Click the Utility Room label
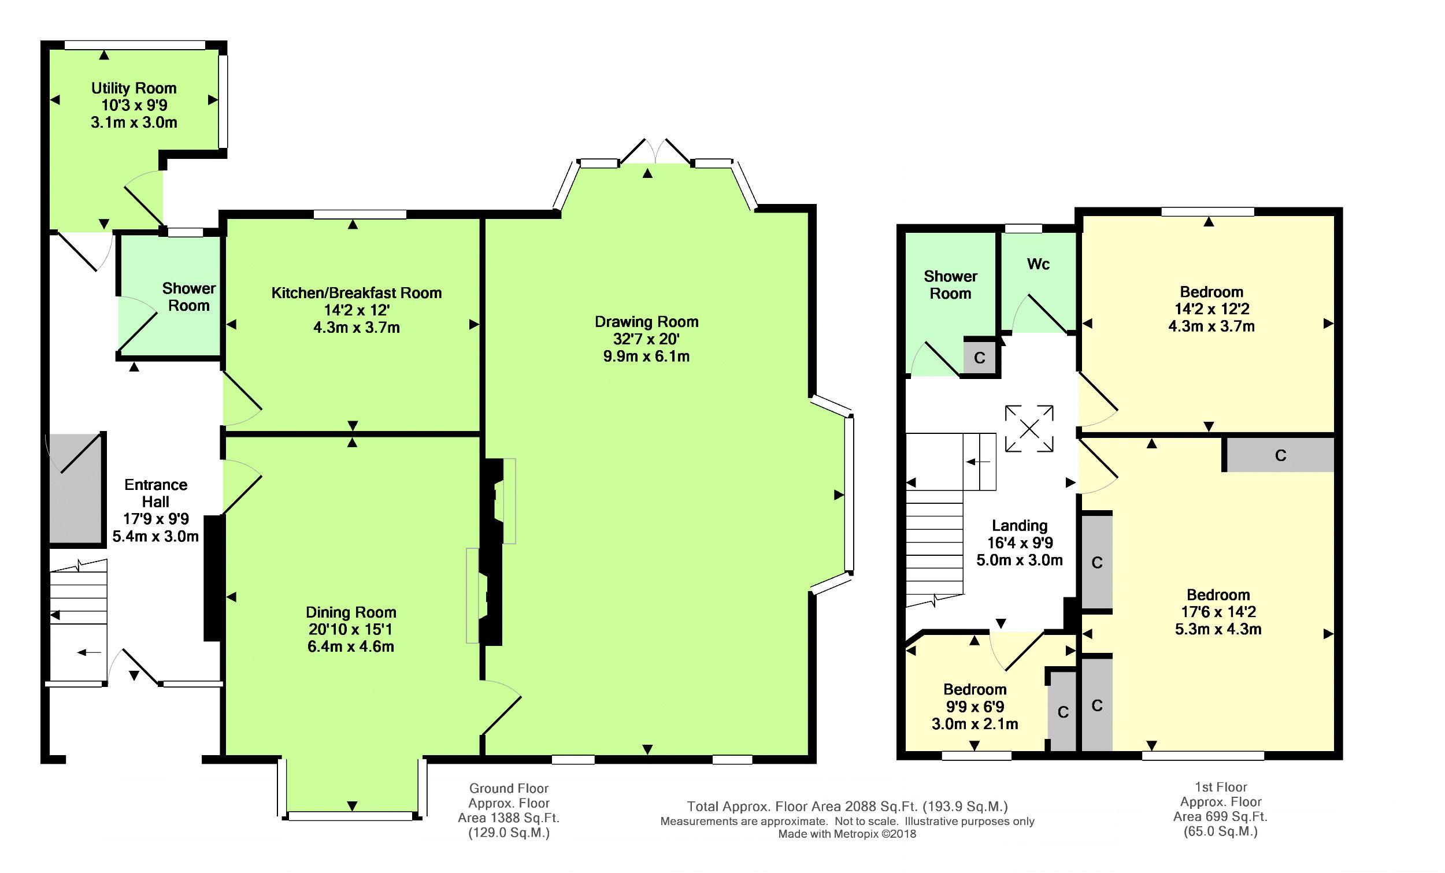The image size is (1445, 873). click(x=134, y=88)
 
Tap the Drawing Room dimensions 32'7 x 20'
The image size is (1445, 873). click(x=646, y=339)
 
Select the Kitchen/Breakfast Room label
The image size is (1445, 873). click(x=356, y=293)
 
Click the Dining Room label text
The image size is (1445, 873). click(x=351, y=612)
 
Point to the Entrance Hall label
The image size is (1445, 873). click(x=155, y=493)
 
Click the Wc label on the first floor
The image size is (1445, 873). click(x=1038, y=265)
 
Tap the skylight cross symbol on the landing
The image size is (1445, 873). click(x=1029, y=429)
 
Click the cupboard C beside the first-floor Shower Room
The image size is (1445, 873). click(x=979, y=358)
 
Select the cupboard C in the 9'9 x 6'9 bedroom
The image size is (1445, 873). click(x=1062, y=712)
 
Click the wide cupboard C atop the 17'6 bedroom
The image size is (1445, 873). click(x=1280, y=455)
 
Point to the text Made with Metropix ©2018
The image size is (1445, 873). click(x=847, y=834)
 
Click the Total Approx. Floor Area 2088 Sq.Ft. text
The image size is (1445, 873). click(x=847, y=807)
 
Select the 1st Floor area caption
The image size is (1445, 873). click(x=1220, y=809)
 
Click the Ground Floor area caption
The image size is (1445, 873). click(x=509, y=810)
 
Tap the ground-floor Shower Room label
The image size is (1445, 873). click(x=189, y=296)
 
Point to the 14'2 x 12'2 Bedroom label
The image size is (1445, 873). click(x=1211, y=292)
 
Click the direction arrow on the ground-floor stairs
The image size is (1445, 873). click(x=89, y=652)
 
